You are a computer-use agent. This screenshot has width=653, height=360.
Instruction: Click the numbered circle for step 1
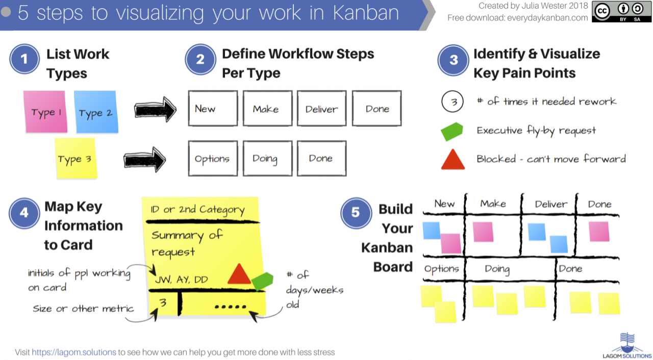coord(24,59)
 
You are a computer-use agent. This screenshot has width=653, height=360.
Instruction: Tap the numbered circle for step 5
coord(356,213)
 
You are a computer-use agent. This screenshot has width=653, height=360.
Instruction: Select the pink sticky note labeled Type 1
coord(46,112)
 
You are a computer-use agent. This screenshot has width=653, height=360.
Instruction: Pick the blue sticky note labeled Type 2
coord(95,112)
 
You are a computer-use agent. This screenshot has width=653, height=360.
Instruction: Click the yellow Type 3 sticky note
coord(75,159)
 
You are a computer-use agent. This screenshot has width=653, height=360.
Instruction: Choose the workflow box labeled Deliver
coord(321,108)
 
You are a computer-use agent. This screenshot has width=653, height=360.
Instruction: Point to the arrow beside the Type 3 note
coord(145,160)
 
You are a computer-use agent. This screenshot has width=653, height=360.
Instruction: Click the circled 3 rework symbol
coord(453,102)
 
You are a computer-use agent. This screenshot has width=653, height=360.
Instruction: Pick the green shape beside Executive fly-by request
coord(452,131)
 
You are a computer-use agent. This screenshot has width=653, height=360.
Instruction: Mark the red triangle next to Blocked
coord(453,159)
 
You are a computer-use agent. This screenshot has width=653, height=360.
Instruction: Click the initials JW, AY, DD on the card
coord(181,279)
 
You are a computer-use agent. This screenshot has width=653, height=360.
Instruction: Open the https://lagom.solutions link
coord(73,352)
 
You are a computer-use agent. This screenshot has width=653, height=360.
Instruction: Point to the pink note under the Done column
coord(599,232)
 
